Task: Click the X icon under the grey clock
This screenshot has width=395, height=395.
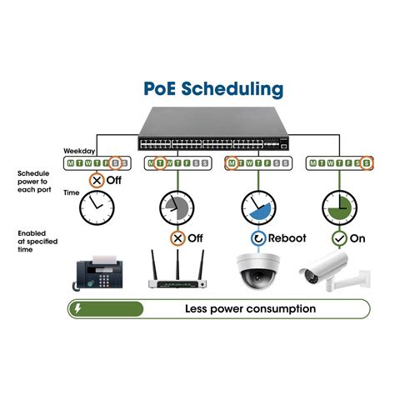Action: [177, 237]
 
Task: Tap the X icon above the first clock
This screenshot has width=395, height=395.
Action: [97, 180]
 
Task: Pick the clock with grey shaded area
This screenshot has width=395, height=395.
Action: [177, 208]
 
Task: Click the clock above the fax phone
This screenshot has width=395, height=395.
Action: [97, 210]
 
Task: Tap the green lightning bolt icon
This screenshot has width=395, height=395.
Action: [77, 309]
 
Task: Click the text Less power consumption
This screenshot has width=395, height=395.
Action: [250, 309]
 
